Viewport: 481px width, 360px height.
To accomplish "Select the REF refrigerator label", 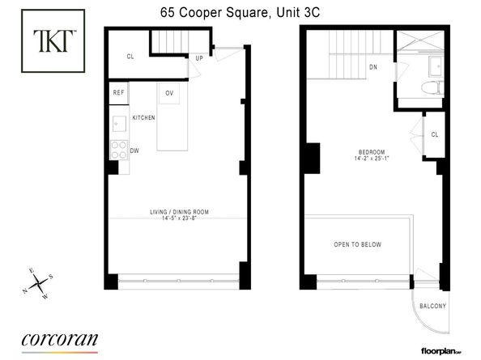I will point(118,93).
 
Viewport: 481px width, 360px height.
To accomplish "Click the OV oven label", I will point(169,93).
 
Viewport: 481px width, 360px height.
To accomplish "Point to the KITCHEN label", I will point(143,118).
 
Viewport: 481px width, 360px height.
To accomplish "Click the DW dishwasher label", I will point(134,150).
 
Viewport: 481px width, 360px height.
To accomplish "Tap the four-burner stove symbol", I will point(118,150).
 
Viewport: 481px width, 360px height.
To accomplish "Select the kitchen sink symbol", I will point(118,124).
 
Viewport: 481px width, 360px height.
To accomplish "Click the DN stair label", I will point(372,67).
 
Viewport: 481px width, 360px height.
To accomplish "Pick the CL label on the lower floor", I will point(130,57).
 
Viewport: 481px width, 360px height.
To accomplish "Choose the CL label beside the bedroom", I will point(435,134).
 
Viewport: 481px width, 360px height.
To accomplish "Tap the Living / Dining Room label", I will point(179,212).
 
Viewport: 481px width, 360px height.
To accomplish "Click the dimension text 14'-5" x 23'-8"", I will point(179,219).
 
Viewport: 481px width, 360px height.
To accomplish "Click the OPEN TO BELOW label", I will point(357,244).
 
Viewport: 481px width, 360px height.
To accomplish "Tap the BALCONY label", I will point(433,305).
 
